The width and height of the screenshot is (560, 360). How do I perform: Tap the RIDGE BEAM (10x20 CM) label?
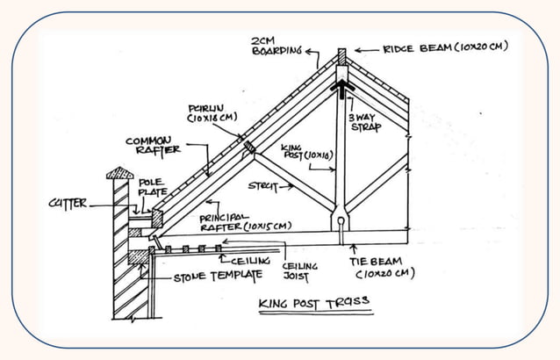(446, 47)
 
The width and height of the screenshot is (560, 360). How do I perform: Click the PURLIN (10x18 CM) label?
(212, 112)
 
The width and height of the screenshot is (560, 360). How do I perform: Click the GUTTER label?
(68, 204)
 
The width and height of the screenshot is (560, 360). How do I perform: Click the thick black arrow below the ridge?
(341, 90)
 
